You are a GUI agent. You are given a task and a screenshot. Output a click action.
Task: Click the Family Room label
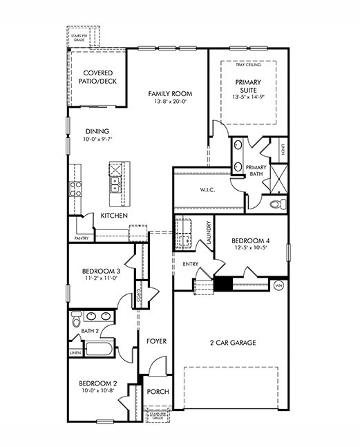point(169,93)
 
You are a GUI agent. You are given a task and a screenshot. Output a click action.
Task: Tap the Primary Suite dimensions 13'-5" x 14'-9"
point(249,97)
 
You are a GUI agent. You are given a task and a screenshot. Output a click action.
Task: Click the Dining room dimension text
point(98,139)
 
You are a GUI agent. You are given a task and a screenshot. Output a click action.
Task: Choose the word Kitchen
point(114,216)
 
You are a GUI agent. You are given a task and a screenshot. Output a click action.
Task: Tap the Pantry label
point(81,238)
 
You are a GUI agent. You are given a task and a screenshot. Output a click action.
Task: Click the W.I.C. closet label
point(209,190)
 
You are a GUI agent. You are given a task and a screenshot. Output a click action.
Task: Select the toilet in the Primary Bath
point(276,204)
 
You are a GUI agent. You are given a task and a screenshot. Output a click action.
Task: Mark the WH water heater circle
point(279,285)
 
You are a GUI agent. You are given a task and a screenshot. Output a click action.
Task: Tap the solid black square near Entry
point(223,283)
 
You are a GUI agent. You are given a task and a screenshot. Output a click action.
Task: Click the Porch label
point(158,392)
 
